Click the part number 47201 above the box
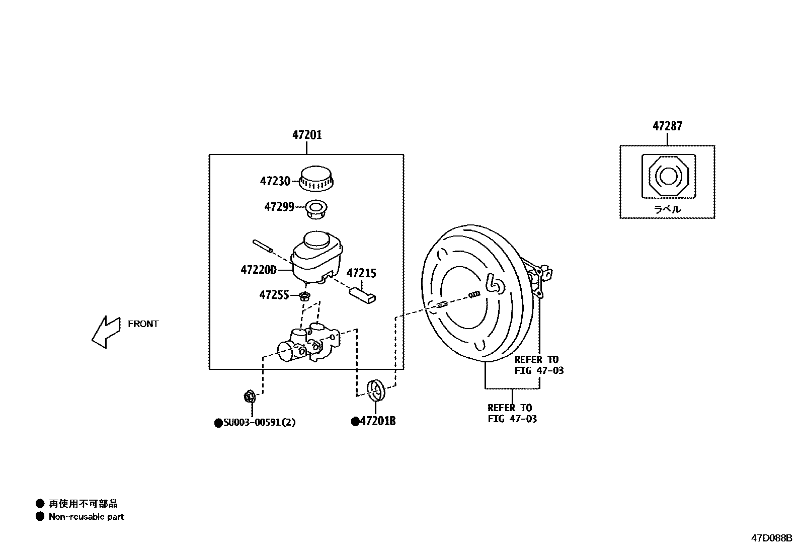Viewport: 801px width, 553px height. point(307,135)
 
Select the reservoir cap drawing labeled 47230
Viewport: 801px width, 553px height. point(317,179)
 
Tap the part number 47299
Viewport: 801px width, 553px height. point(279,207)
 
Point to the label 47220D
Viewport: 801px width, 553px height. point(259,270)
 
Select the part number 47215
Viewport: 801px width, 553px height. point(361,273)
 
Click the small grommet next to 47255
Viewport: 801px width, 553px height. point(304,296)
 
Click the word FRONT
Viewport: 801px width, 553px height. point(143,324)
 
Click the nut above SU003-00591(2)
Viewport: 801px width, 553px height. point(249,397)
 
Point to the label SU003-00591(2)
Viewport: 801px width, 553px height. point(259,423)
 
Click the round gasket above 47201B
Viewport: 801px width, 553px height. point(376,389)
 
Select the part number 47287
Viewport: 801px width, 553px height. point(667,126)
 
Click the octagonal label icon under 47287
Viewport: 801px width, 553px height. point(668,176)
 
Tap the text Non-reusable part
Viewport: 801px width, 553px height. point(86,517)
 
